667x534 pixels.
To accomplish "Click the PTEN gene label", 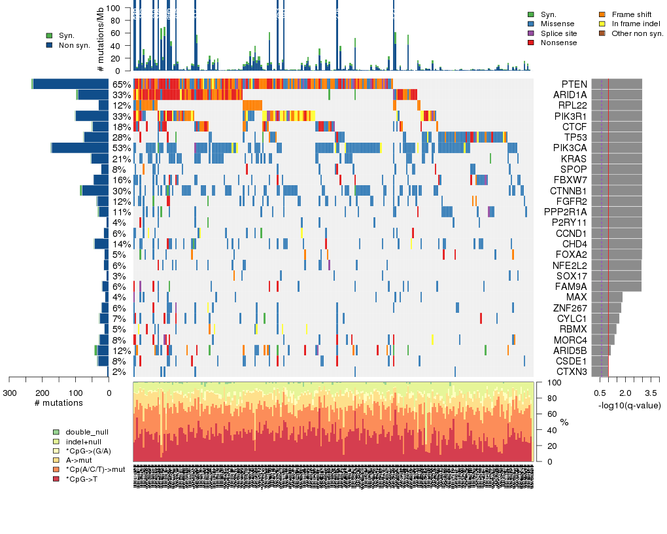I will (x=573, y=84).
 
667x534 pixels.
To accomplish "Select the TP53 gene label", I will (x=575, y=137).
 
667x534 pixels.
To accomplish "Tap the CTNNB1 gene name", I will (x=567, y=190).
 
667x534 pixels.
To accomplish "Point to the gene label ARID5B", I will (x=569, y=350).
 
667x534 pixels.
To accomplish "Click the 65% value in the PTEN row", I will (x=122, y=84).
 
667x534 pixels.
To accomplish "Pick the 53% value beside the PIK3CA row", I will (x=122, y=148).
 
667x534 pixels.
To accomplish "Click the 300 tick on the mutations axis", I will (x=9, y=393).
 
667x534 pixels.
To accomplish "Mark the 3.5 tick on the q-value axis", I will (x=651, y=393).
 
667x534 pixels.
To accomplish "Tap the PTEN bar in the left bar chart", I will (x=71, y=84).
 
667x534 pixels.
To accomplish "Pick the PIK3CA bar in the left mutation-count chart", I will (x=80, y=148).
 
